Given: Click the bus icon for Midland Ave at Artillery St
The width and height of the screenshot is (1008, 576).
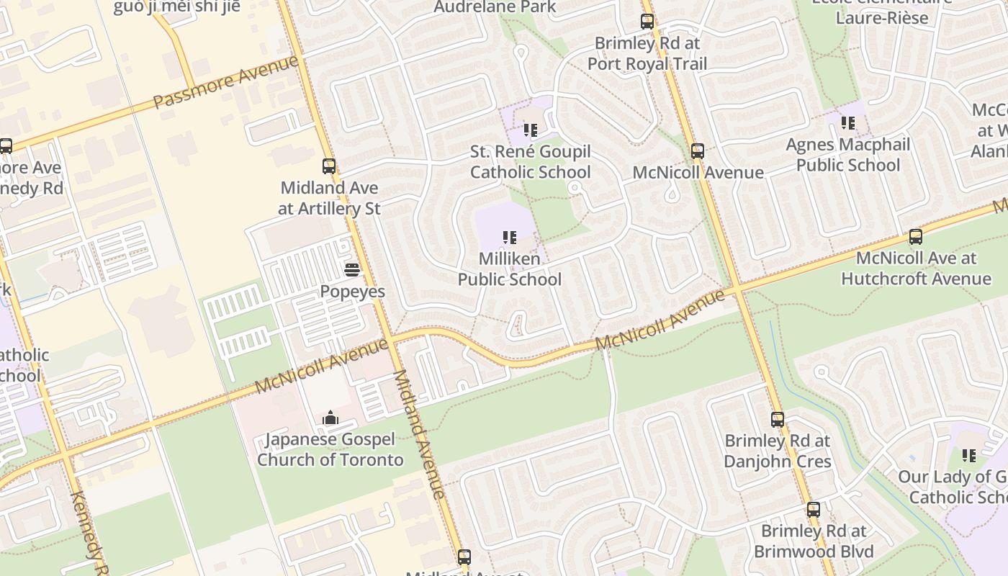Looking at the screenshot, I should click(329, 166).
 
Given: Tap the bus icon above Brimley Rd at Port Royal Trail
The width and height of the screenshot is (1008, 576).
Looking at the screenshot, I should click(647, 22).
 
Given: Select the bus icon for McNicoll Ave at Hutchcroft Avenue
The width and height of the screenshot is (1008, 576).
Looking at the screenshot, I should click(916, 236).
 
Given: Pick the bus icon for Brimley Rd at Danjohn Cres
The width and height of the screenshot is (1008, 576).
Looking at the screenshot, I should click(778, 419).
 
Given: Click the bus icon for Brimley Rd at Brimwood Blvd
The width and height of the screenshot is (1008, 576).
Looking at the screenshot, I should click(814, 510).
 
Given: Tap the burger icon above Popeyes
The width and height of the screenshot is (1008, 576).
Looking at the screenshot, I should click(352, 270).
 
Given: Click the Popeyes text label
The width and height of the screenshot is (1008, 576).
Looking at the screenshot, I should click(352, 292).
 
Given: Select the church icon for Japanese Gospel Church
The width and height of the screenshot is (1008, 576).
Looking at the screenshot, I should click(330, 418).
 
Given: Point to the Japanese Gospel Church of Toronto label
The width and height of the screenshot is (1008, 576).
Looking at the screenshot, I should click(330, 449).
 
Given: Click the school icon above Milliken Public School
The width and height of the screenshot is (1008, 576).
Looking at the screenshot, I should click(510, 237).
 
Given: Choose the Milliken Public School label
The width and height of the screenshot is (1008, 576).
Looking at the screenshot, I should click(510, 269).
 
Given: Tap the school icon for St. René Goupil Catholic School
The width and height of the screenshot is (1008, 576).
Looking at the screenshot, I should click(531, 130).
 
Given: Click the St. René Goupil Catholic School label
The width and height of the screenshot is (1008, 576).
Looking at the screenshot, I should click(531, 162).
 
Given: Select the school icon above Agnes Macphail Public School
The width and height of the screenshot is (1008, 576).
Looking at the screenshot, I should click(848, 123).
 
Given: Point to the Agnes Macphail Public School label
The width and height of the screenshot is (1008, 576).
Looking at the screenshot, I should click(848, 155).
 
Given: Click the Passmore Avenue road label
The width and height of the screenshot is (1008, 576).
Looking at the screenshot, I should click(226, 81).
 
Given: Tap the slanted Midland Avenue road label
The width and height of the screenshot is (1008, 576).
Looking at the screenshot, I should click(419, 435).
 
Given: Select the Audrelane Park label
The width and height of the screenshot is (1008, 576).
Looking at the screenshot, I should click(495, 7).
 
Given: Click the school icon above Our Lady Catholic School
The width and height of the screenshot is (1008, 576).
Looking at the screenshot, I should click(969, 455).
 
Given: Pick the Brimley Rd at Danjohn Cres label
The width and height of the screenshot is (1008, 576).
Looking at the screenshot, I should click(778, 451).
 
